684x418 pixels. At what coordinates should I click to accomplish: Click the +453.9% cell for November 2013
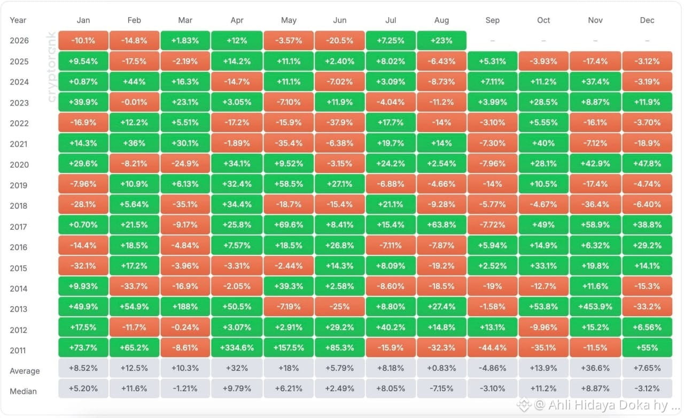point(595,307)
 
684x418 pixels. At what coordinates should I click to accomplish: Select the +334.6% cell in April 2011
point(237,348)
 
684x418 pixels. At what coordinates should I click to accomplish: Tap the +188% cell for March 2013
point(185,307)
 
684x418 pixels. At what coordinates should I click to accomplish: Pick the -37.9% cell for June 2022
point(339,123)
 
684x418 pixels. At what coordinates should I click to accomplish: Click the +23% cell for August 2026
point(441,41)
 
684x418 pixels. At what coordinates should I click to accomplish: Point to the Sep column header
point(492,20)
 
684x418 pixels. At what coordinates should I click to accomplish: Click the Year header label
point(18,20)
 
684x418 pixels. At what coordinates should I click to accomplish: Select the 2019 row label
point(19,185)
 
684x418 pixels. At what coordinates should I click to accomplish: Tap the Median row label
point(23,391)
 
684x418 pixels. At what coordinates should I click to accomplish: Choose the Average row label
point(25,371)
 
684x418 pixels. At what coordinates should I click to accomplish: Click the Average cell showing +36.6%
point(595,368)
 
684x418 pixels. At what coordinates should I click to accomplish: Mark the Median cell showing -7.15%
point(441,389)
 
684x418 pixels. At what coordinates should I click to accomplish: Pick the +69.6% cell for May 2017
point(289,225)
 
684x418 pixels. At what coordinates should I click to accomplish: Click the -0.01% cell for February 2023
point(134,102)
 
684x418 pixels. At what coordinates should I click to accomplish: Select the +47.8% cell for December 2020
point(647,164)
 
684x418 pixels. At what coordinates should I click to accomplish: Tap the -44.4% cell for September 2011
point(492,348)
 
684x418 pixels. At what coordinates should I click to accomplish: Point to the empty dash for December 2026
point(647,41)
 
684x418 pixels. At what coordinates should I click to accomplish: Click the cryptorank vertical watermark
point(51,67)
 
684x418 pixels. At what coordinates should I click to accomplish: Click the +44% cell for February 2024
point(134,82)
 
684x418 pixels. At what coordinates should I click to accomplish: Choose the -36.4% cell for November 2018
point(595,204)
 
